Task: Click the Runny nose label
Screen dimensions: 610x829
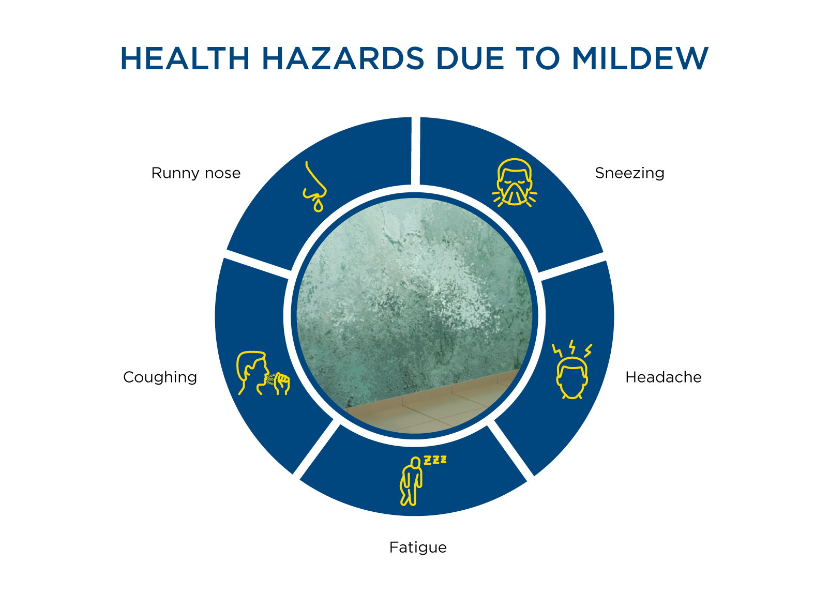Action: coord(196,173)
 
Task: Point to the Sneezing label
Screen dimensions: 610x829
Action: coord(629,173)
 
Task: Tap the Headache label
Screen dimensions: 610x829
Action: coord(663,377)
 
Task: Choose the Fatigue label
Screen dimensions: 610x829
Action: coord(418,547)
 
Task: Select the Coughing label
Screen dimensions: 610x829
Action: coord(160,377)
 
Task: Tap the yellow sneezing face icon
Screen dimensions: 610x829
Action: coord(515,183)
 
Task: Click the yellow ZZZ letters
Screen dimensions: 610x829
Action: coord(435,460)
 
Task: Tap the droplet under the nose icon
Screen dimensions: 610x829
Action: coord(318,206)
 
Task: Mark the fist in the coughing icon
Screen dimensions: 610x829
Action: coord(282,383)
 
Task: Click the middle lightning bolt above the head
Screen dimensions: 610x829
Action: coord(572,346)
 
